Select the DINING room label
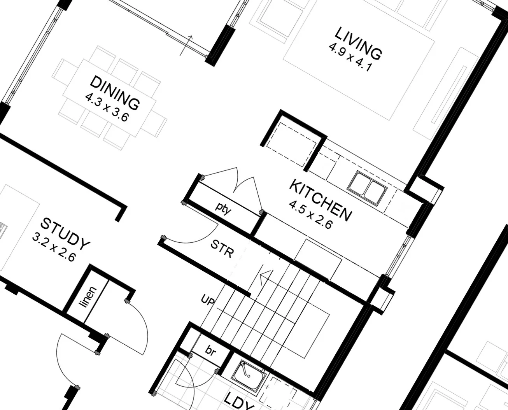pos(114,92)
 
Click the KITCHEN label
pos(321,200)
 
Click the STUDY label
pos(65,234)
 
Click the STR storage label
pos(222,249)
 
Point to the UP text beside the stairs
pos(208,300)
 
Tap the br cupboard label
pos(210,352)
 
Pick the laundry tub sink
pos(249,376)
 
